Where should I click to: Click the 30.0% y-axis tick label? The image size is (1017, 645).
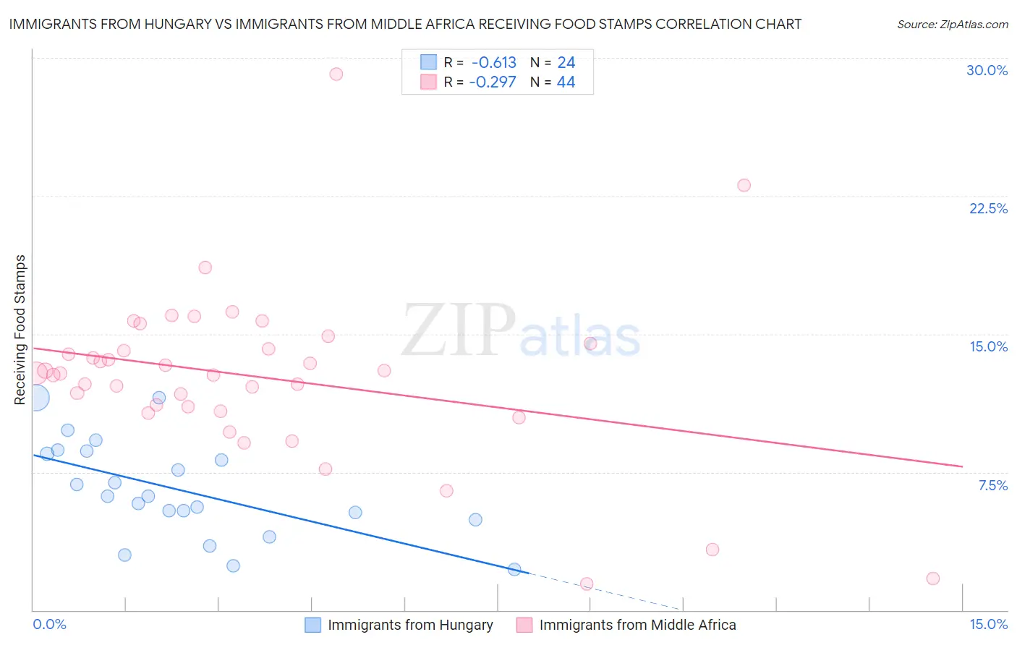tap(987, 70)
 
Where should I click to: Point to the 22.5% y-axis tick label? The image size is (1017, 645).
tap(988, 208)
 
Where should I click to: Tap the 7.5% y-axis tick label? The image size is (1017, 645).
tap(992, 485)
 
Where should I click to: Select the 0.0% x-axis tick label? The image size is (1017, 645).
tap(49, 624)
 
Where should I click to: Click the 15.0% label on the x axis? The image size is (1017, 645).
tap(988, 624)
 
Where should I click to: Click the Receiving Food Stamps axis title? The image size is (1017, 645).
tap(20, 330)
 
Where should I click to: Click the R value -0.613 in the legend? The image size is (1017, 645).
tap(493, 63)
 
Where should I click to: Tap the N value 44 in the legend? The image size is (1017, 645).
tap(566, 82)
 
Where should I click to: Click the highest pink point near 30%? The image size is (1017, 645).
tap(336, 74)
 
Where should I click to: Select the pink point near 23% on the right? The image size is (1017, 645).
tap(744, 185)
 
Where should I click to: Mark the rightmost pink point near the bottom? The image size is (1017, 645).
tap(932, 578)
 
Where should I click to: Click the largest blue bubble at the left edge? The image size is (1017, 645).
tap(36, 397)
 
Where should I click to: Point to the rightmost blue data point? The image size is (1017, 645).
tap(514, 569)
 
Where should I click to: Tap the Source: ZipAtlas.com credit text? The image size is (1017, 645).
tap(952, 24)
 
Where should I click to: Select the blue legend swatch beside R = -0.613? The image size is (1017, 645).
tap(429, 62)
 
